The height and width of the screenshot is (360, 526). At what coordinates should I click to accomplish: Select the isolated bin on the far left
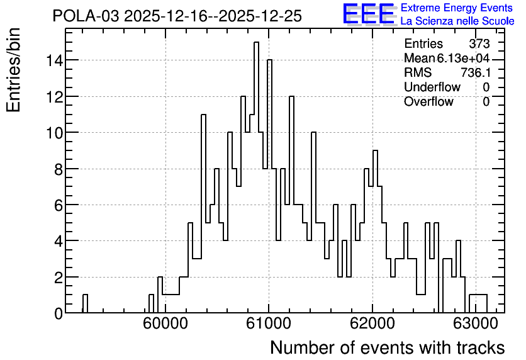click(x=85, y=303)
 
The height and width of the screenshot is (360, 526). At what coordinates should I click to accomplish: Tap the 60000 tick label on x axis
click(x=165, y=324)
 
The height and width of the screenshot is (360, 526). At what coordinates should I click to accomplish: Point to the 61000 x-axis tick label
click(x=269, y=324)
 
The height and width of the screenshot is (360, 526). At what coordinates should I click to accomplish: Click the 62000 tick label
click(x=372, y=324)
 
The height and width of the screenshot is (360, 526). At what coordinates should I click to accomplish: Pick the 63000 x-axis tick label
click(x=476, y=324)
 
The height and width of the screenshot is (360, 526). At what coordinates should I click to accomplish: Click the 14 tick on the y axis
click(x=55, y=60)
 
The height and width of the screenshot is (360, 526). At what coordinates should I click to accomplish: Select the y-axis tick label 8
click(x=59, y=169)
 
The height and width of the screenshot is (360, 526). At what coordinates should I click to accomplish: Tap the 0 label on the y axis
click(x=59, y=313)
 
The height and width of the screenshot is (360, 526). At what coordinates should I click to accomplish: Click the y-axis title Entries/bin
click(x=13, y=70)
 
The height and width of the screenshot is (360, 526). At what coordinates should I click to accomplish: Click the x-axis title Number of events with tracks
click(x=388, y=347)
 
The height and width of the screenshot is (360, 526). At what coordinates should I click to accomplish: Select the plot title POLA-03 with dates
click(x=177, y=16)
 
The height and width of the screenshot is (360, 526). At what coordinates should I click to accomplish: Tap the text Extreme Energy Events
click(x=457, y=8)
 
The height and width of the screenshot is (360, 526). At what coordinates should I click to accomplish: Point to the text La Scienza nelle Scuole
click(x=457, y=21)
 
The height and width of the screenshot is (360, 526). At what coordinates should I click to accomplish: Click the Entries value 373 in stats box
click(x=479, y=43)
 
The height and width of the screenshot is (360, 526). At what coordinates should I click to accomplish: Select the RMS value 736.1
click(x=475, y=72)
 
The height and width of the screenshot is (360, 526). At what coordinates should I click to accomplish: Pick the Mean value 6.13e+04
click(x=463, y=59)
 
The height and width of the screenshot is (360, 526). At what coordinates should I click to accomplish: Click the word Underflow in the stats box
click(x=432, y=87)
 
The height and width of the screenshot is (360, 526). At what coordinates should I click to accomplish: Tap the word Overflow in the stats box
click(x=428, y=101)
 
